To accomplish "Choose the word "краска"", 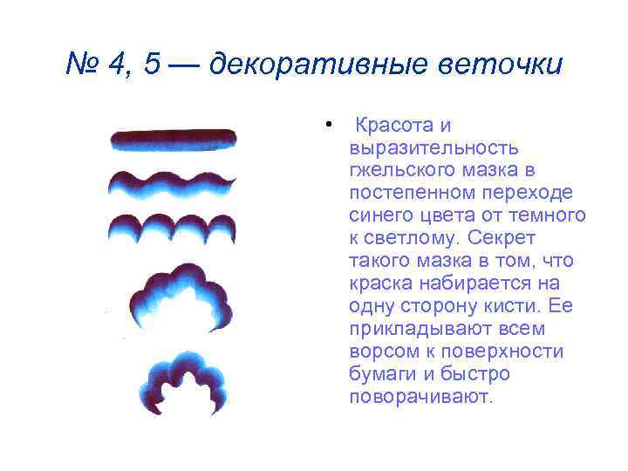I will click(380, 283).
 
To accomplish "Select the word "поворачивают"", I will click(421, 397).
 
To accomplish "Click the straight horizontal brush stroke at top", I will click(173, 140).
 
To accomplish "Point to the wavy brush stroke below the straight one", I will click(172, 183).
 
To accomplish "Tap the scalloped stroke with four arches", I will click(172, 229).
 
